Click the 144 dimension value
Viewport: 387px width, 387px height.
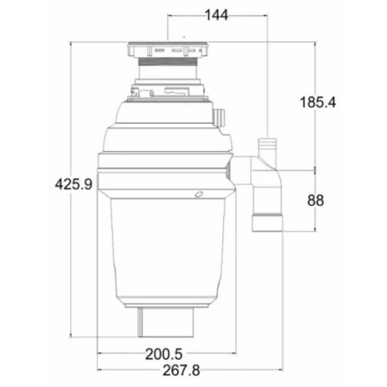click(x=217, y=15)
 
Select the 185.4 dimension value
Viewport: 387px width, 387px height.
click(x=317, y=102)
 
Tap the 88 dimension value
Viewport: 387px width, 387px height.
click(x=315, y=200)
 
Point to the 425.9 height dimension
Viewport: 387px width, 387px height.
click(x=74, y=184)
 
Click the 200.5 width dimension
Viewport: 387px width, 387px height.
click(x=164, y=354)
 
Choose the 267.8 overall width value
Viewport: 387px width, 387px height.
click(x=181, y=370)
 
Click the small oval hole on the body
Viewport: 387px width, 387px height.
click(x=199, y=194)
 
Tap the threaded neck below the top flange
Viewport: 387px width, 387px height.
click(x=168, y=61)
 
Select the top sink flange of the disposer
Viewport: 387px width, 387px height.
click(x=168, y=50)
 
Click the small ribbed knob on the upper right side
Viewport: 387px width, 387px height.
click(x=219, y=117)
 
